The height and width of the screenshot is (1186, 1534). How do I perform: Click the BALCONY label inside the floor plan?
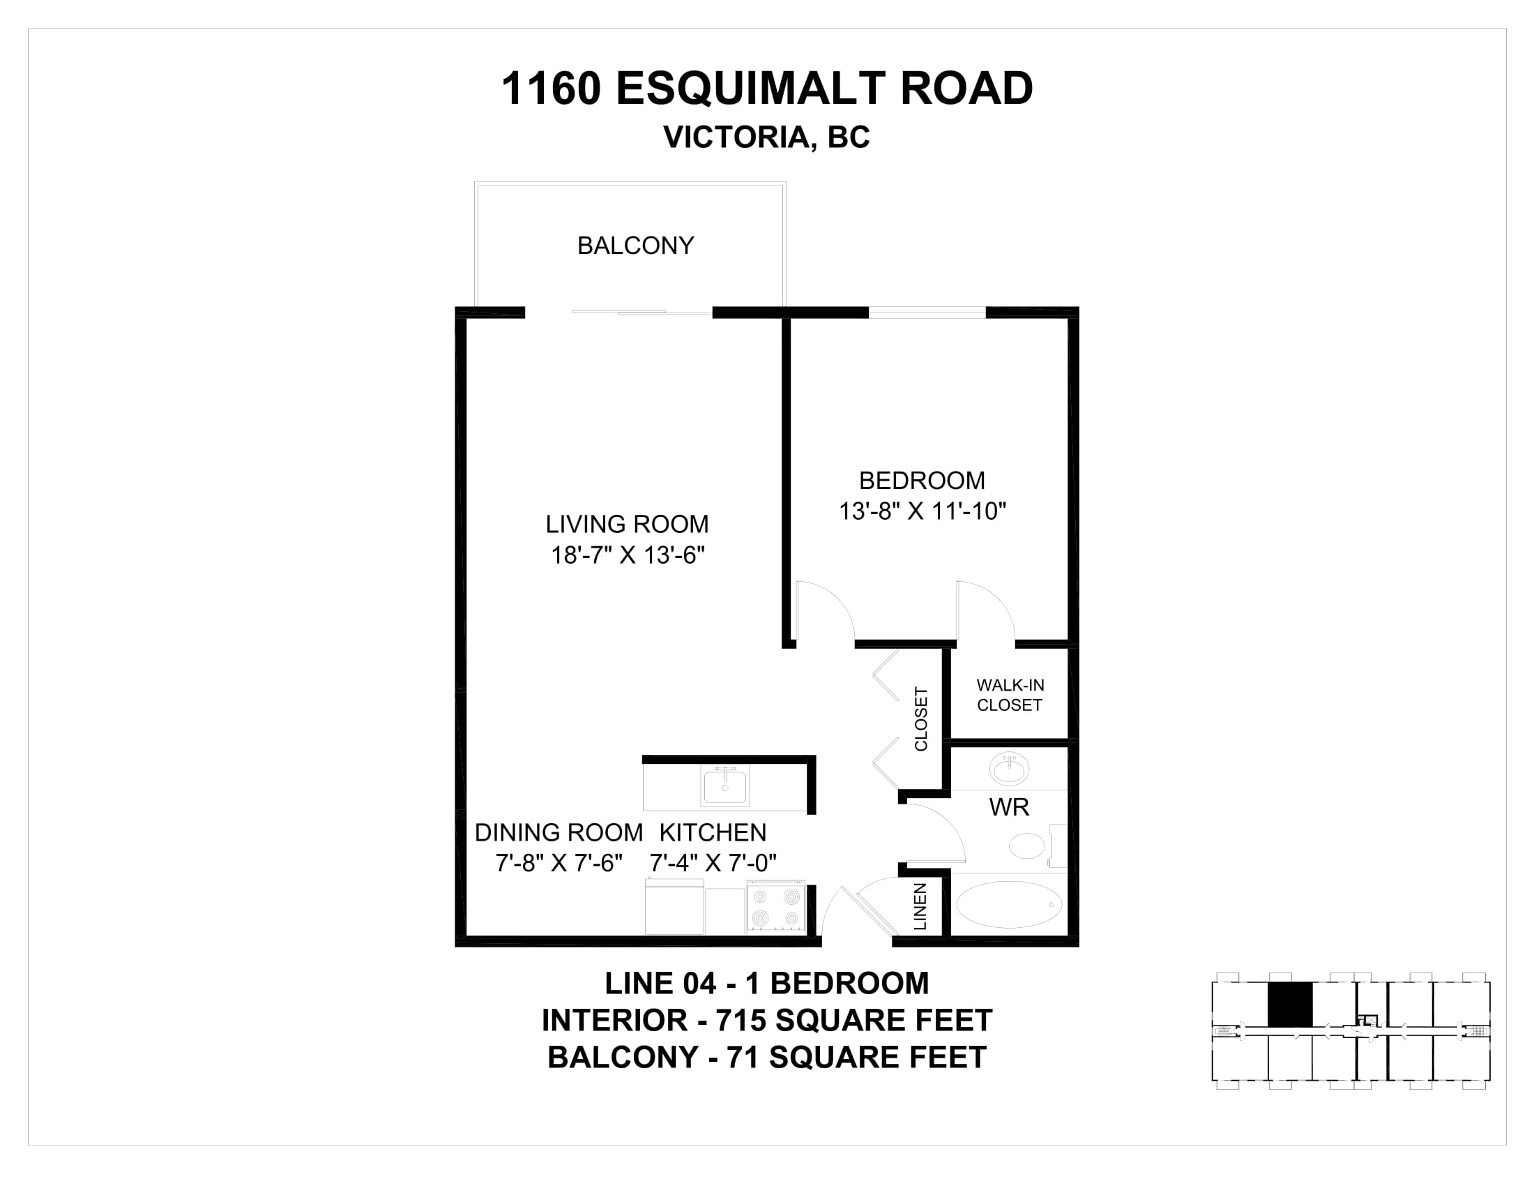636,245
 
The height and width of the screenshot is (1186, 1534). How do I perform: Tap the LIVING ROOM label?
628,524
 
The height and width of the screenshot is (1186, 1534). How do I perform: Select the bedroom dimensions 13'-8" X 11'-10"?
922,511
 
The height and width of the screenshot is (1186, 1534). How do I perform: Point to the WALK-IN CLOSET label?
1010,695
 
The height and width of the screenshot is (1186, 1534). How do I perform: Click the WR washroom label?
1010,807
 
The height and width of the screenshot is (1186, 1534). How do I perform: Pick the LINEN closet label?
920,906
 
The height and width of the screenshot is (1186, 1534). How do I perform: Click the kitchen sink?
725,786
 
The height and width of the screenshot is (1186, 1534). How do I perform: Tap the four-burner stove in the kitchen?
776,908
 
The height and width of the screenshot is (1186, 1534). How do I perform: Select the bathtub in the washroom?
1009,905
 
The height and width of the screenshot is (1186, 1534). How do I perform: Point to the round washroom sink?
1010,769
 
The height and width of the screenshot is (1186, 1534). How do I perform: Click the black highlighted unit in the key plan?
1289,1004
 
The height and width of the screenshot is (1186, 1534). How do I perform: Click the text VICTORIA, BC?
766,137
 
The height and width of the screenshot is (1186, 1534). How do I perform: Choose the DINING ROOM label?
559,832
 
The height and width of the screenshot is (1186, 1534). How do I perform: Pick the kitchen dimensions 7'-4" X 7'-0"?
713,862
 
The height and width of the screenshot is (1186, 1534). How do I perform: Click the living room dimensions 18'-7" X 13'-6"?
628,555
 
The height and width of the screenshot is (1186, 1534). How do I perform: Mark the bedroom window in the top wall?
927,313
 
